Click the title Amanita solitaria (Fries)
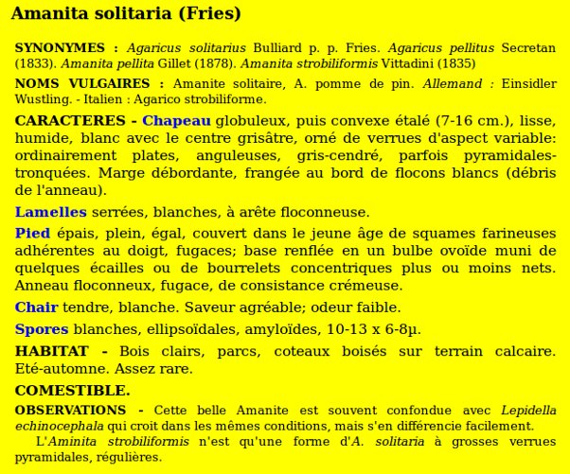(126, 14)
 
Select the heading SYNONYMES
(61, 47)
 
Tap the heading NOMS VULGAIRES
(75, 84)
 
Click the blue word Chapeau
(176, 121)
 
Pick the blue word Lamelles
(50, 212)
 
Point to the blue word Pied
(33, 233)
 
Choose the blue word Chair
(36, 307)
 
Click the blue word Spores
(41, 329)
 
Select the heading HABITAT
(52, 351)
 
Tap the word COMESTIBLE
(72, 390)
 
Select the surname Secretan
(529, 47)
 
